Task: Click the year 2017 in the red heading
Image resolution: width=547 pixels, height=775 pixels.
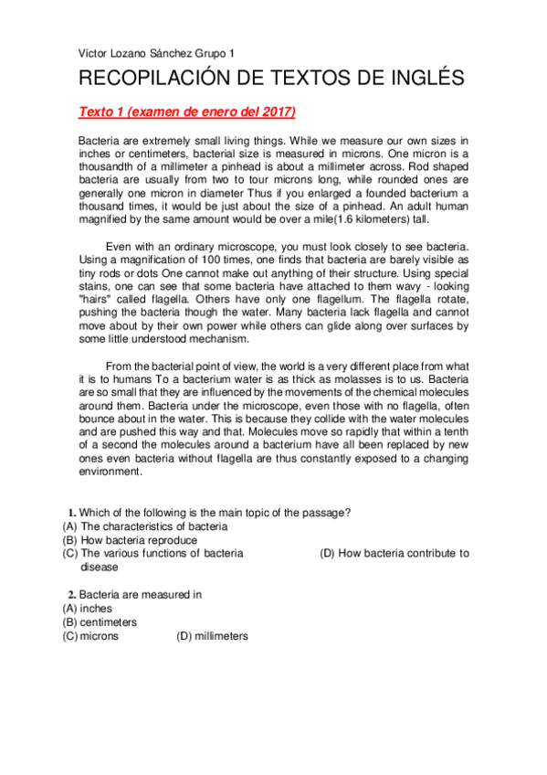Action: [272, 112]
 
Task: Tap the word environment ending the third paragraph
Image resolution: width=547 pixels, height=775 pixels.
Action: [110, 472]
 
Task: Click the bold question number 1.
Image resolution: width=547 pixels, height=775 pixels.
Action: [71, 512]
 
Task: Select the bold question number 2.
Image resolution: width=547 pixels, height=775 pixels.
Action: [71, 595]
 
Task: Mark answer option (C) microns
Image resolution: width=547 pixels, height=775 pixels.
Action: [90, 636]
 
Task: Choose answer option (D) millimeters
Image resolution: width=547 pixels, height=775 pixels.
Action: [211, 636]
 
